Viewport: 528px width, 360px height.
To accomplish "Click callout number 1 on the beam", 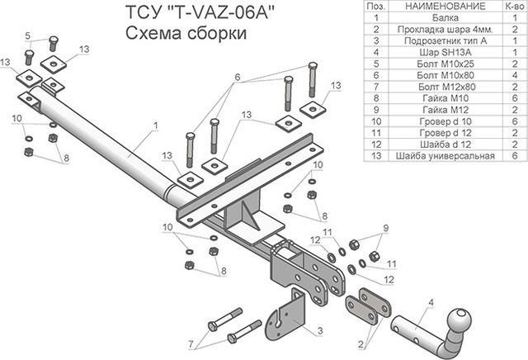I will tap(154, 126).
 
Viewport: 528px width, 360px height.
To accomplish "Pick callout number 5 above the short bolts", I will tap(27, 35).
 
